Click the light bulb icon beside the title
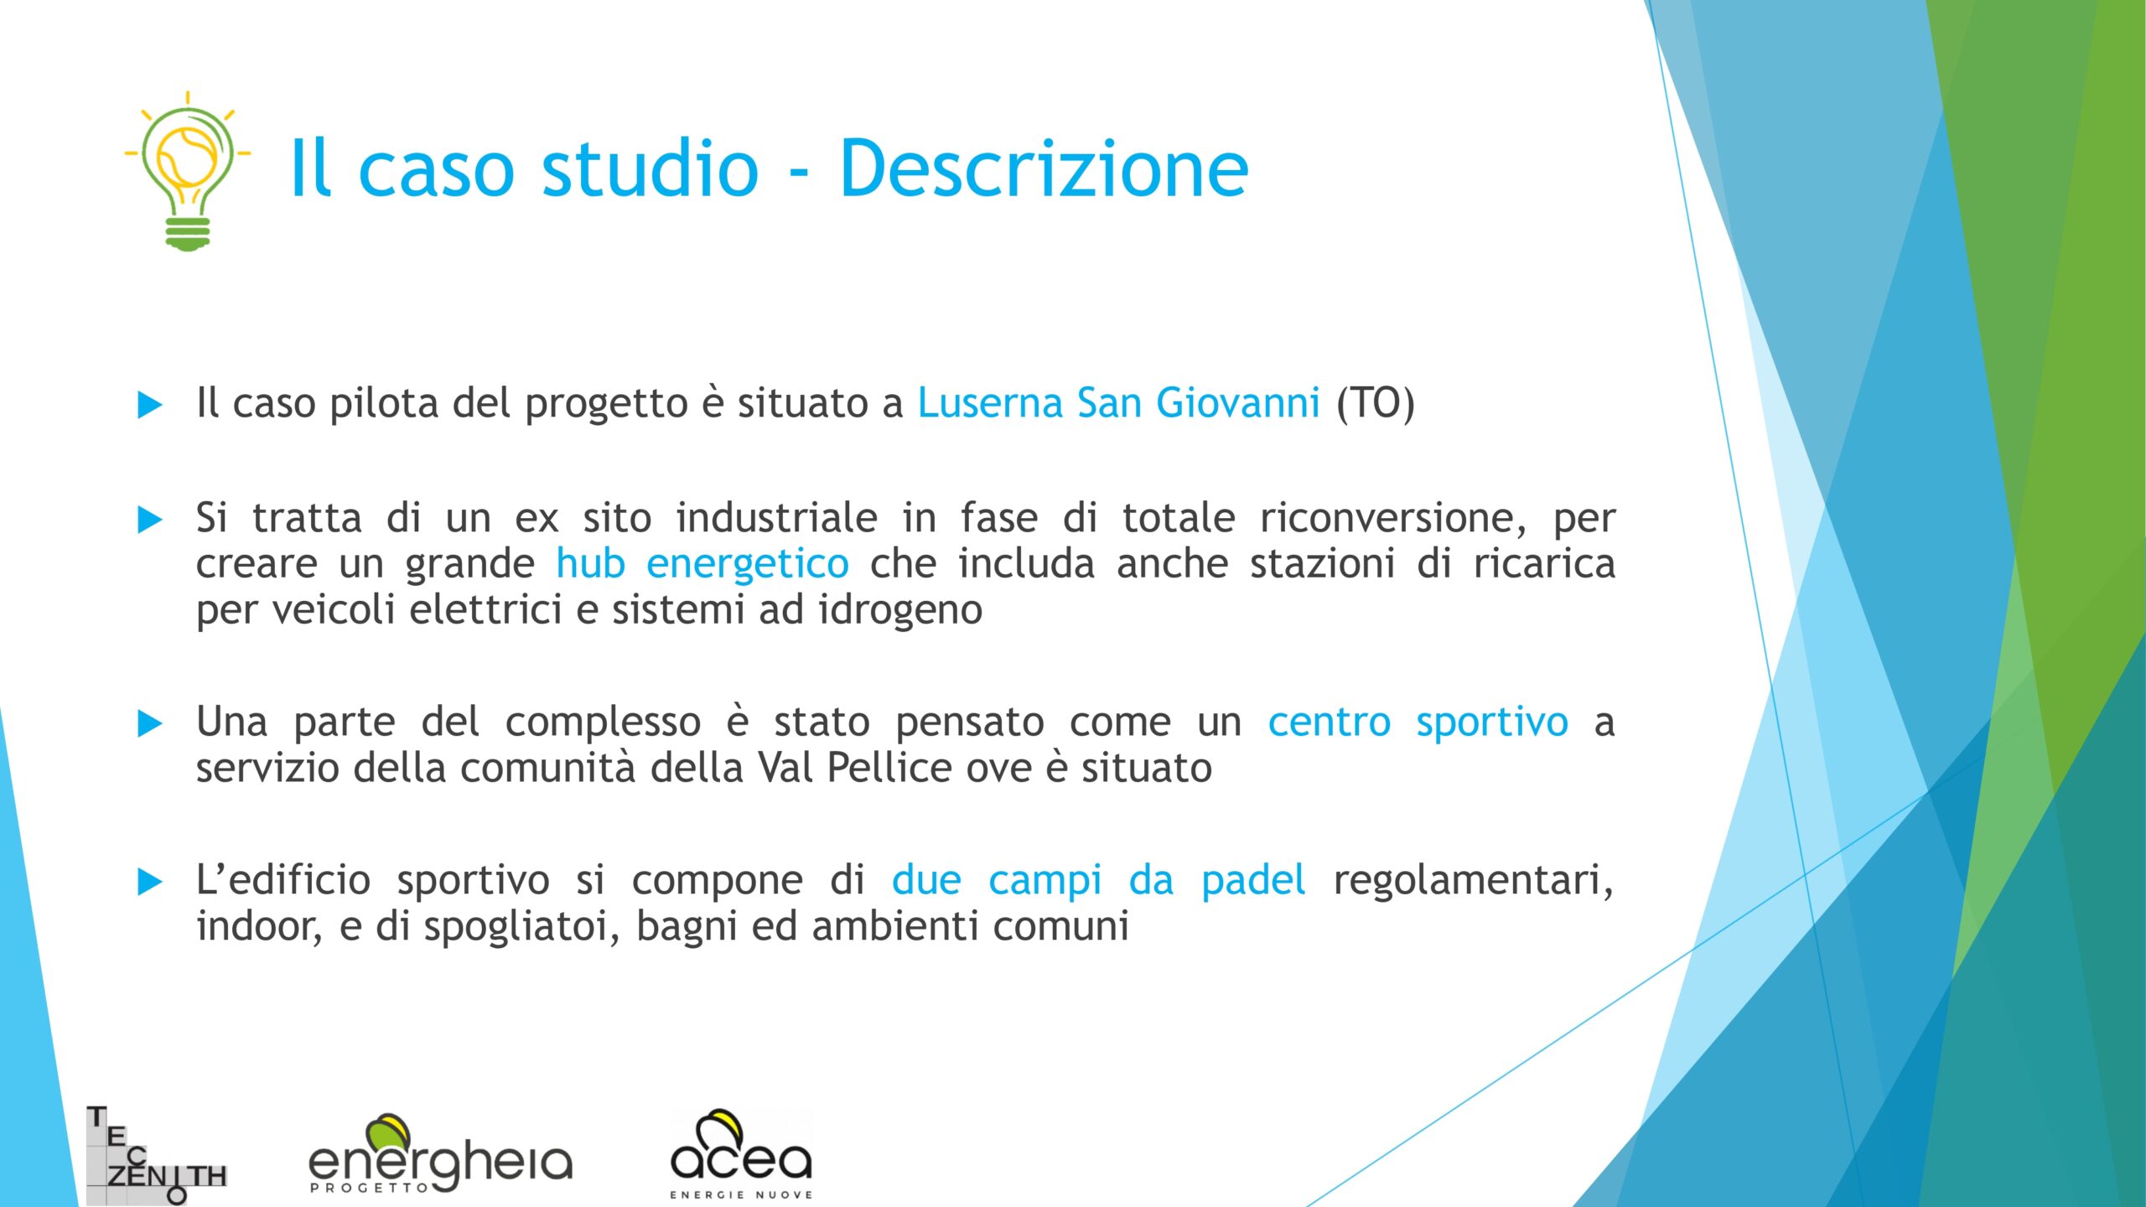pos(188,171)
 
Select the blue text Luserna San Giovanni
pos(1118,402)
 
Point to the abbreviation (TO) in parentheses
pos(1376,403)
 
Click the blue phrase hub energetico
pos(702,563)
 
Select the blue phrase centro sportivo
pos(1418,723)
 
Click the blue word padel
pos(1253,881)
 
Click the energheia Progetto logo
pos(441,1154)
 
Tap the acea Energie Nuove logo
pos(741,1154)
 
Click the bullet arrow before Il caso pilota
pos(149,405)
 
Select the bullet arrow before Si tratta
pos(149,520)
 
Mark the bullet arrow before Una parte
pos(149,723)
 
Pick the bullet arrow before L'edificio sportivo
pos(149,882)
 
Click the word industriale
pos(777,518)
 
